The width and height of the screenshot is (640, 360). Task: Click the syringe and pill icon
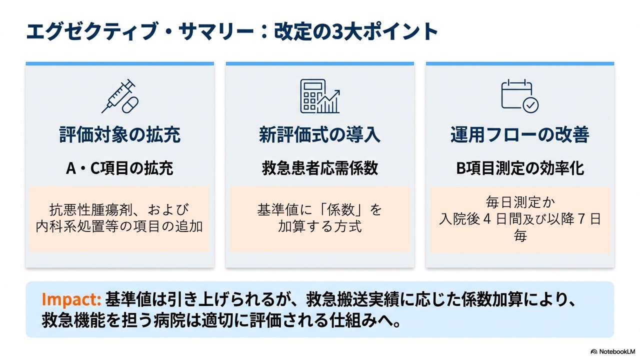tap(120, 96)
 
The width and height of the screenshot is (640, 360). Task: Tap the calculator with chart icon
tap(320, 96)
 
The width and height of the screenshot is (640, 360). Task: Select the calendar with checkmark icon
tap(520, 96)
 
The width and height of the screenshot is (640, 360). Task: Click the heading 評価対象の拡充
tap(120, 135)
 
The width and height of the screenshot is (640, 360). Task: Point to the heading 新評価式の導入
tap(320, 135)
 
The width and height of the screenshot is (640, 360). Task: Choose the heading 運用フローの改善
tap(520, 135)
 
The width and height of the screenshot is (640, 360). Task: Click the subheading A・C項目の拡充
tap(120, 168)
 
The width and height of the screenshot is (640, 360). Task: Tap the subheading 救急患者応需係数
tap(320, 168)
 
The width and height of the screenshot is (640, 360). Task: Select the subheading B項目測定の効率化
tap(520, 168)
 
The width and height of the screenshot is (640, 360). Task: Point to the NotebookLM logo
tap(612, 351)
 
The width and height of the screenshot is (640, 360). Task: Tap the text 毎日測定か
tap(520, 203)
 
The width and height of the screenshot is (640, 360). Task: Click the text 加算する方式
tap(320, 226)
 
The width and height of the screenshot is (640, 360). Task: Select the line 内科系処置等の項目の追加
tap(120, 226)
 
